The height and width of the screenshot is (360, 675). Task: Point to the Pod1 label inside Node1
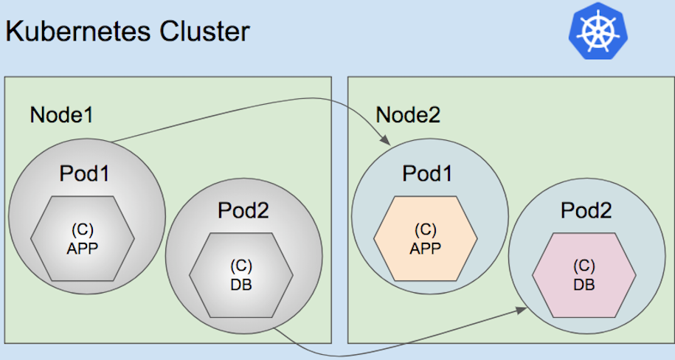(84, 174)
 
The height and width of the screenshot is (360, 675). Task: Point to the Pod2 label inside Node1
(242, 210)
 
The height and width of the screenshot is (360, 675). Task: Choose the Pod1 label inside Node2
(427, 174)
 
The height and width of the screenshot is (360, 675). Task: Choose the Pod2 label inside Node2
(586, 210)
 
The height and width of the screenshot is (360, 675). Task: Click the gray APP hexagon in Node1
(83, 238)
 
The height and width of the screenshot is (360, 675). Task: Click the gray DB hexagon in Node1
(241, 274)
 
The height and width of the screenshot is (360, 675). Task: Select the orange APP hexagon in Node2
(425, 238)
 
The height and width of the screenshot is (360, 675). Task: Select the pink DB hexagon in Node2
(584, 274)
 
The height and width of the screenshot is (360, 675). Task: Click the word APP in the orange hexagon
(425, 249)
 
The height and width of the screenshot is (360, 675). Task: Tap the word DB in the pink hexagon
(584, 284)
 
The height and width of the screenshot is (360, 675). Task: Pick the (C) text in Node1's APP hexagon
(83, 229)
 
